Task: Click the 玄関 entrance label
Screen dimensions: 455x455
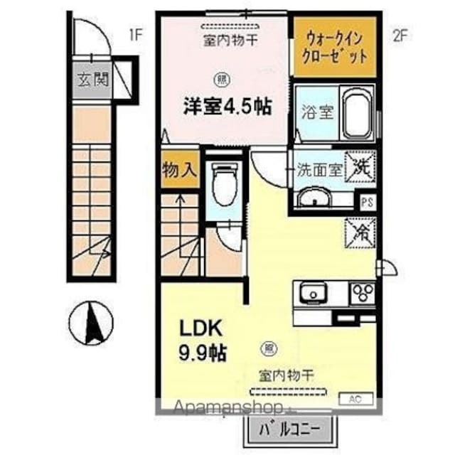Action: point(90,80)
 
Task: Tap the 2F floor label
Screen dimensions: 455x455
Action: point(399,37)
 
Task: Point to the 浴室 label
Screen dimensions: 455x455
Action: point(317,113)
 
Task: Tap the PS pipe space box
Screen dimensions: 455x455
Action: point(368,201)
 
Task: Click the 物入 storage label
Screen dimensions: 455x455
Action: point(178,171)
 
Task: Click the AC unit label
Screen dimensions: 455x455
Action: point(355,399)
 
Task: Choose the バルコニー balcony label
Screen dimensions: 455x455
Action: point(289,429)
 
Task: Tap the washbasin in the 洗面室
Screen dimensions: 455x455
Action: point(314,198)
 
